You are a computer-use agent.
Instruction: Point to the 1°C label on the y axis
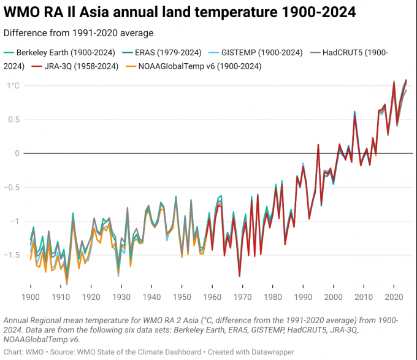pos(13,86)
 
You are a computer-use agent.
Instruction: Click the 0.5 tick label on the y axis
pos(13,120)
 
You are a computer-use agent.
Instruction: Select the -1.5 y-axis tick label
pos(12,255)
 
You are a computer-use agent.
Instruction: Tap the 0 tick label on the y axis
pos(18,153)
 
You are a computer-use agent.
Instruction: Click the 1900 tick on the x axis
pos(31,297)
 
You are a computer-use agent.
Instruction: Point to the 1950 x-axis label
pos(182,297)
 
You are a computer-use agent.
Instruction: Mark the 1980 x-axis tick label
pos(272,297)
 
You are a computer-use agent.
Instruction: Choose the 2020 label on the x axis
pos(393,297)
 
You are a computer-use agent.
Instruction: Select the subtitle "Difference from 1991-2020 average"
pos(78,33)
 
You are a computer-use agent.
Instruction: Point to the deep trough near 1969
pos(239,277)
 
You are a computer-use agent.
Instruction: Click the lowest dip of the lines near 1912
pos(67,283)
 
